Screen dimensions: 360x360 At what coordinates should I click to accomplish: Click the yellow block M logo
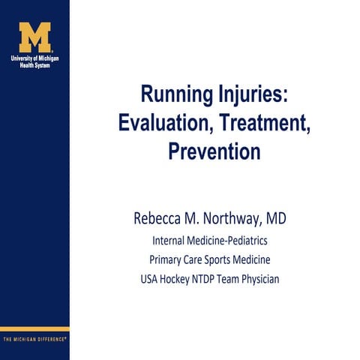point(34,37)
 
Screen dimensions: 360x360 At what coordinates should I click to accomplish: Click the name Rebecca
point(158,220)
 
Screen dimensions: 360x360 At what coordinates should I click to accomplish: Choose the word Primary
point(166,260)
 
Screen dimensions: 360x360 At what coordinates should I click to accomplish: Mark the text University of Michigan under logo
point(34,58)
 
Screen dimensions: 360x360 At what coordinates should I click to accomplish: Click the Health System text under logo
point(34,64)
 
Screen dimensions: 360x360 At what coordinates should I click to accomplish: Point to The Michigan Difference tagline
point(34,338)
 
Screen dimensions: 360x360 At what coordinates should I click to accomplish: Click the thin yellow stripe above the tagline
point(34,328)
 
